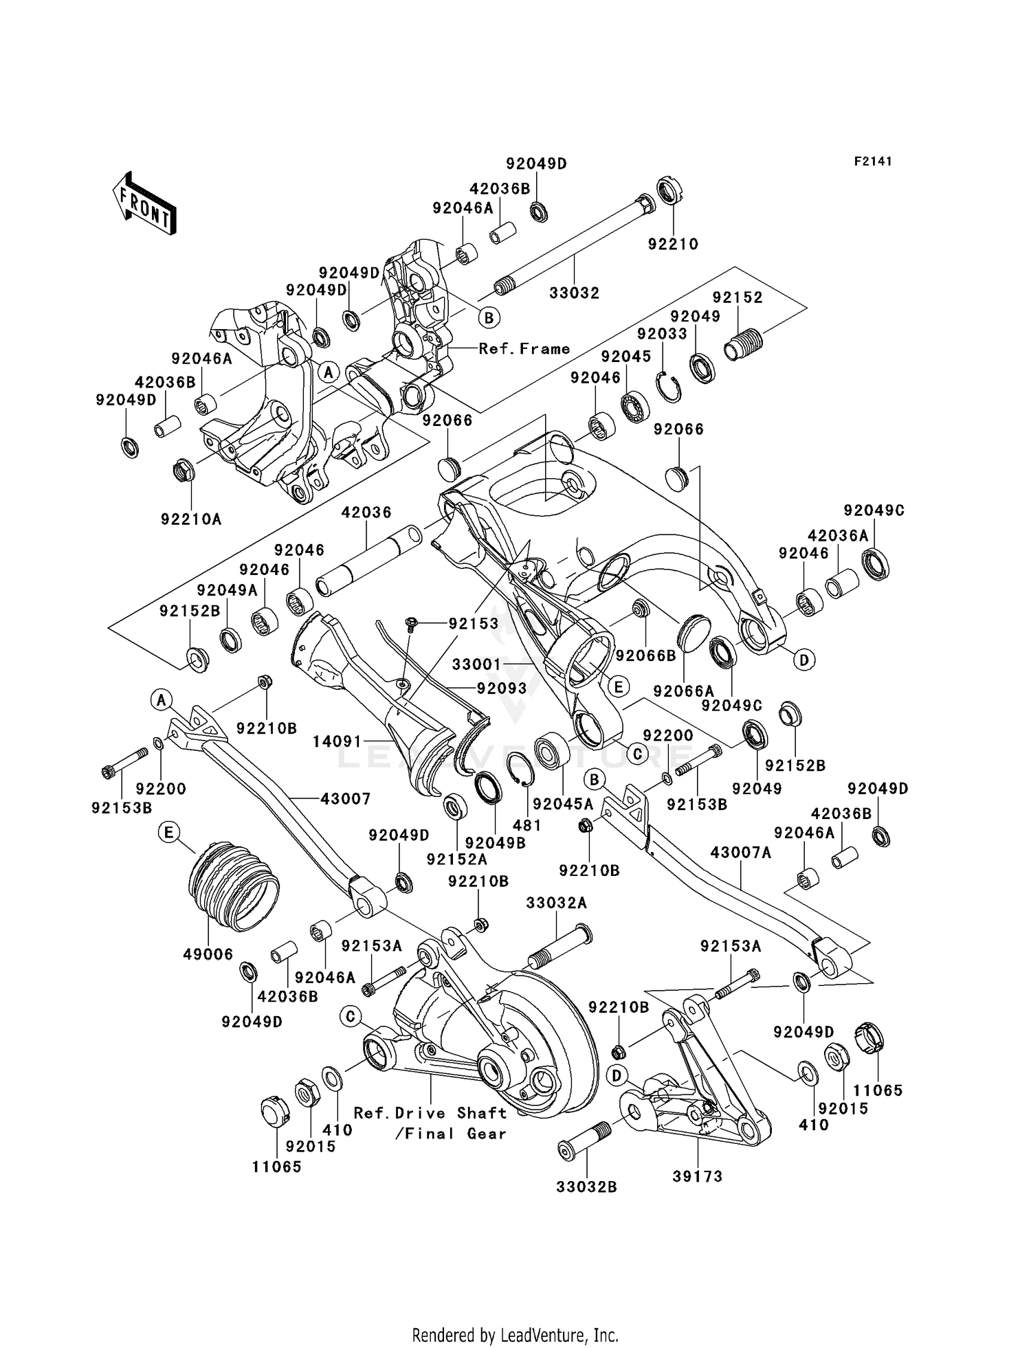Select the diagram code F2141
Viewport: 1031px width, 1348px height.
[873, 161]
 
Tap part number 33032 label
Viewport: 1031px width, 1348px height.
[574, 293]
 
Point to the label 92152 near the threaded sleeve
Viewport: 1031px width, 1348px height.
[738, 297]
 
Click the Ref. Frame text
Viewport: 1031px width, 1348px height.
[524, 349]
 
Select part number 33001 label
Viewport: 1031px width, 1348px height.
[476, 664]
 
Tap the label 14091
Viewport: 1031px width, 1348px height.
[337, 741]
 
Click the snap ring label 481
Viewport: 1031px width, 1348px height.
[527, 825]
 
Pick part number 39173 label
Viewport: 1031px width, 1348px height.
[698, 1176]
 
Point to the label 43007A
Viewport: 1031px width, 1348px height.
[740, 853]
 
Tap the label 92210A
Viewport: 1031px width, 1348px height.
[191, 519]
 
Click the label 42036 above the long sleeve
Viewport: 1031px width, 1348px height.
[366, 512]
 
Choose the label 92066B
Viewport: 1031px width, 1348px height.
[646, 655]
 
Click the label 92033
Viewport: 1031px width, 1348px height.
[662, 334]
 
